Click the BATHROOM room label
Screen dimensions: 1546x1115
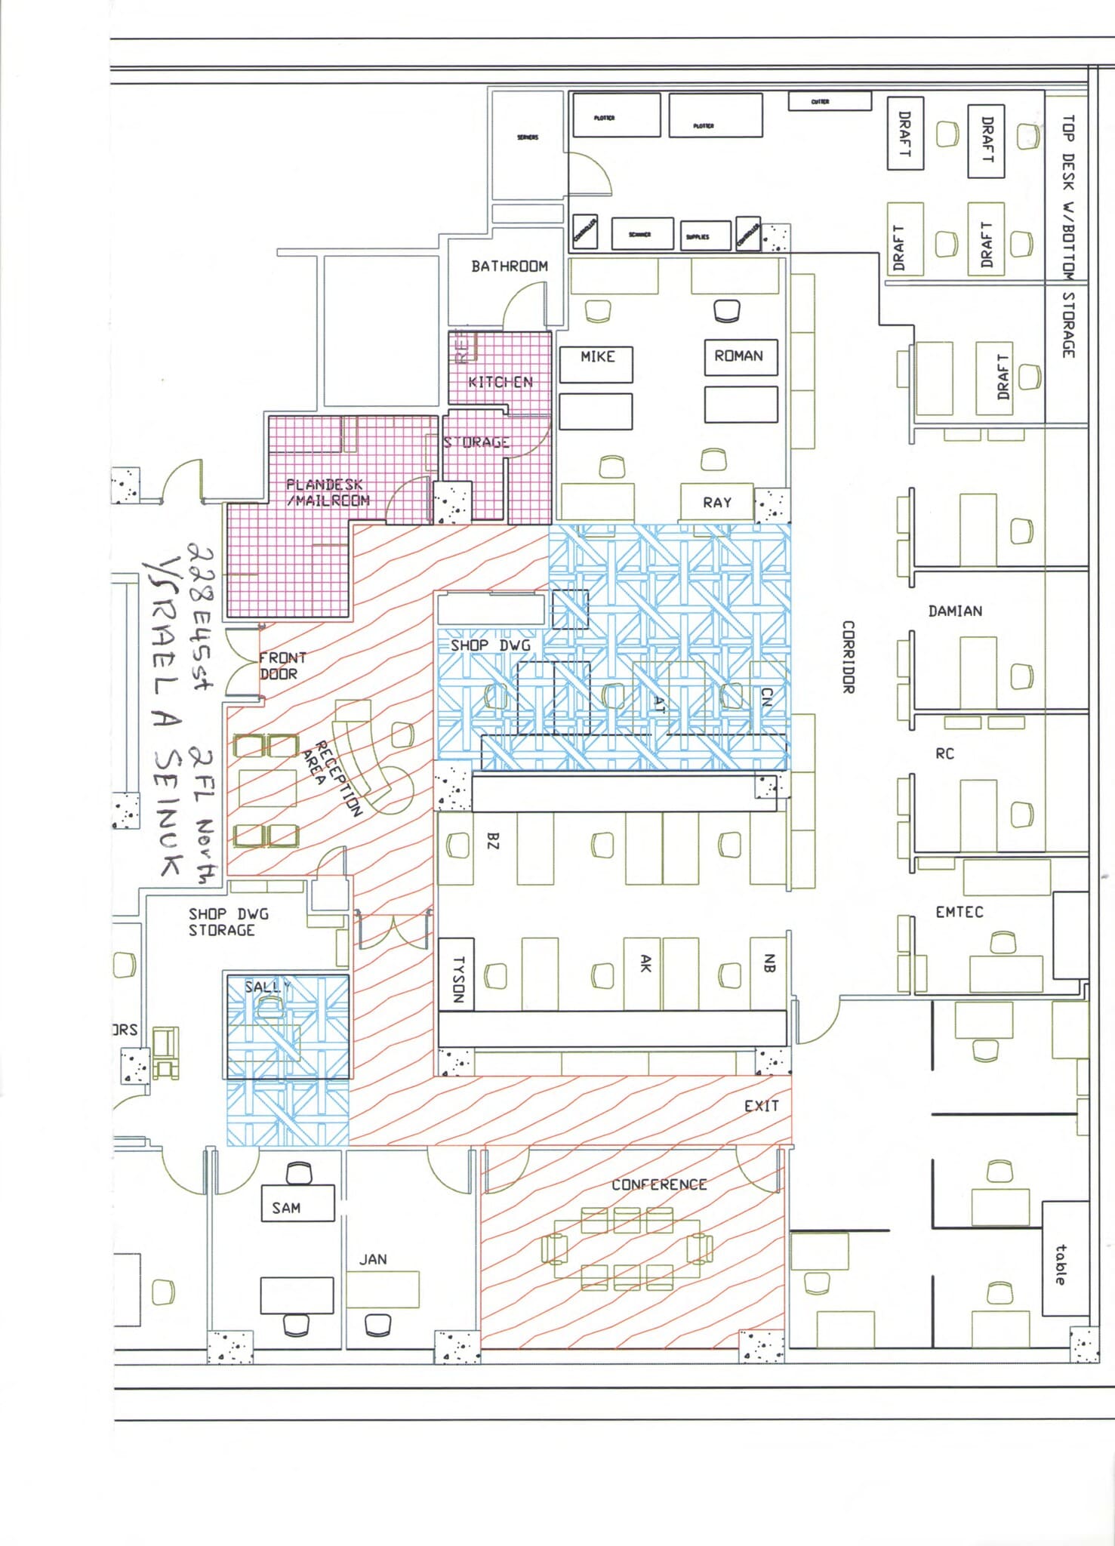coord(510,266)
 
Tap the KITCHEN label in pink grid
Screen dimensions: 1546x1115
coord(501,382)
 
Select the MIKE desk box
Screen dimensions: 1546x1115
coord(596,364)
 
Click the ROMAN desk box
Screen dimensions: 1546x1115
coord(740,356)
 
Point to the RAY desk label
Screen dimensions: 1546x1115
coord(716,503)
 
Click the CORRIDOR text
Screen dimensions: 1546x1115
coord(848,657)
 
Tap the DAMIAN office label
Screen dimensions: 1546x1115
coord(955,611)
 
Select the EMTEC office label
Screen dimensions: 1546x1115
coord(959,912)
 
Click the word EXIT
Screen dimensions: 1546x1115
coord(761,1106)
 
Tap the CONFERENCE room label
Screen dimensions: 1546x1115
coord(659,1184)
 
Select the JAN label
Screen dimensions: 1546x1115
coord(373,1259)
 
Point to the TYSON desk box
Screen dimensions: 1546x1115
coord(456,974)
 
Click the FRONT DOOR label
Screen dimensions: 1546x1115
coord(282,666)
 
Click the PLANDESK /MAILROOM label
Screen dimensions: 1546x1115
coord(328,492)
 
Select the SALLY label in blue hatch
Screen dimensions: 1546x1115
coord(266,987)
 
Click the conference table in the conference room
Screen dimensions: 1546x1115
coord(627,1249)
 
